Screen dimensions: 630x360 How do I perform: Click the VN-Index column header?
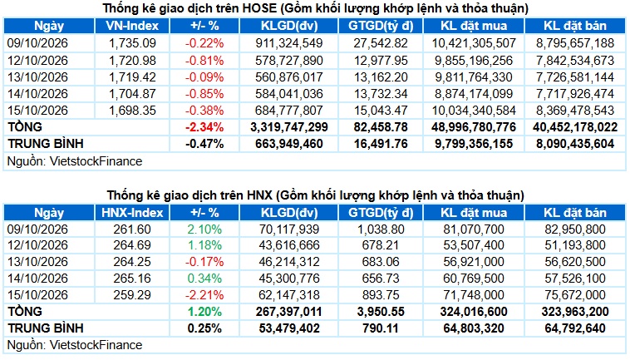(132, 26)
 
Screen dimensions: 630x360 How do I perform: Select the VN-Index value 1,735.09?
(132, 43)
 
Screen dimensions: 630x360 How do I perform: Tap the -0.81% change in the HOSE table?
(204, 60)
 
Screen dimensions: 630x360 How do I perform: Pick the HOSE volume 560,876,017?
(289, 77)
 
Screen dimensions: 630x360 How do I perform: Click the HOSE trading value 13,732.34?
(381, 94)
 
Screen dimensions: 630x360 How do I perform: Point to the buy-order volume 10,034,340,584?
(474, 111)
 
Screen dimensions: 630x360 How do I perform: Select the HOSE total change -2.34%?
(204, 127)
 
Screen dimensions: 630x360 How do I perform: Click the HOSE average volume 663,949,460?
(289, 144)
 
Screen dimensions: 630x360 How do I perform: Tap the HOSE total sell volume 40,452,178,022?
(575, 127)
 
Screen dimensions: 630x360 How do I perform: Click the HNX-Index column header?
(132, 213)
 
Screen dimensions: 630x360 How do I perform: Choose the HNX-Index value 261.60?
(132, 229)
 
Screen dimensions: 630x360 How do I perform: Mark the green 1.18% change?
(204, 245)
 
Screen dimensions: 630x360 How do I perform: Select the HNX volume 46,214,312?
(289, 262)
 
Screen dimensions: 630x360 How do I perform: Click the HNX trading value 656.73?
(381, 278)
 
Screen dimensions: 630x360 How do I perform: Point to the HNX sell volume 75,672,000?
(575, 295)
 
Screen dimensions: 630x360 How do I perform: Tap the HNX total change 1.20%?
(204, 312)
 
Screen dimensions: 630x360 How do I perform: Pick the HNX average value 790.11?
(381, 328)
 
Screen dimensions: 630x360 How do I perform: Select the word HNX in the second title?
(258, 195)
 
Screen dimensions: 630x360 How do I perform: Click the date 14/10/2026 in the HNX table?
(37, 278)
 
